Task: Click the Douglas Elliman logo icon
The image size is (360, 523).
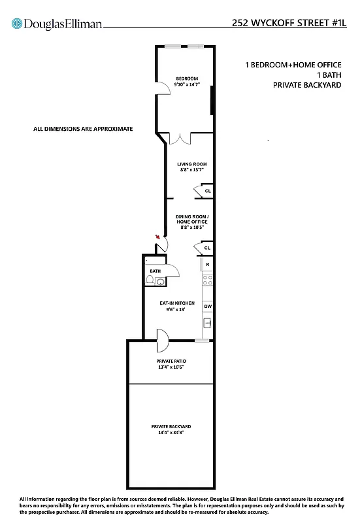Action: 16,24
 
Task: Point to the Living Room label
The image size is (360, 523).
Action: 192,167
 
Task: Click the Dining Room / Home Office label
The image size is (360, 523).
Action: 192,222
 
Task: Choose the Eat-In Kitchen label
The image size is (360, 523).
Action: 177,306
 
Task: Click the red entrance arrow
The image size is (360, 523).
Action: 157,237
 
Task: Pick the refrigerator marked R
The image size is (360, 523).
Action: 207,264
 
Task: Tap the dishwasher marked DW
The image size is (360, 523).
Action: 207,306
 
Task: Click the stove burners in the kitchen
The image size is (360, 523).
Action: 207,280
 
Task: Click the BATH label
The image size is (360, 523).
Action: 155,270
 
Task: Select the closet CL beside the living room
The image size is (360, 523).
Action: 206,191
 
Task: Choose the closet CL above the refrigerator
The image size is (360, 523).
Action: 206,248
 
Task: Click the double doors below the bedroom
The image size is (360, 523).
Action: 180,139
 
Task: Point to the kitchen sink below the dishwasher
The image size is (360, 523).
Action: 207,323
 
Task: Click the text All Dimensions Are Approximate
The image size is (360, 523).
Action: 83,129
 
